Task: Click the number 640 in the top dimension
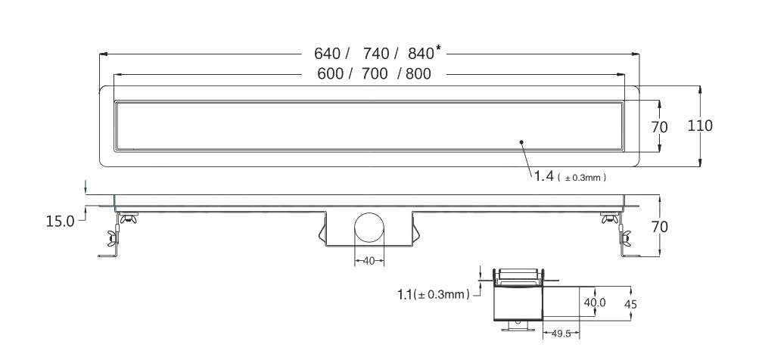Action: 328,54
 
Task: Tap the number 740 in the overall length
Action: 375,54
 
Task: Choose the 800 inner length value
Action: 418,74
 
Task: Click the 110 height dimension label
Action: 699,126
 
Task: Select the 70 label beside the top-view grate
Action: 659,127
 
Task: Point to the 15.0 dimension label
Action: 60,222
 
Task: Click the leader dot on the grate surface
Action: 521,141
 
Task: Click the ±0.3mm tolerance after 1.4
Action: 583,178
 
